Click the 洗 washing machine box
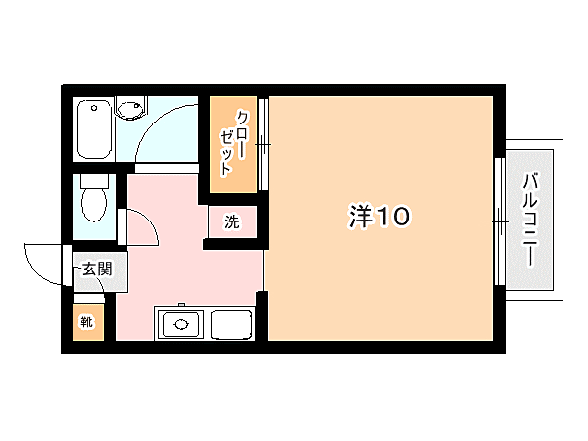232,221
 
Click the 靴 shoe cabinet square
86,321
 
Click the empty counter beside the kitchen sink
231,322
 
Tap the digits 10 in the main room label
388,218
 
